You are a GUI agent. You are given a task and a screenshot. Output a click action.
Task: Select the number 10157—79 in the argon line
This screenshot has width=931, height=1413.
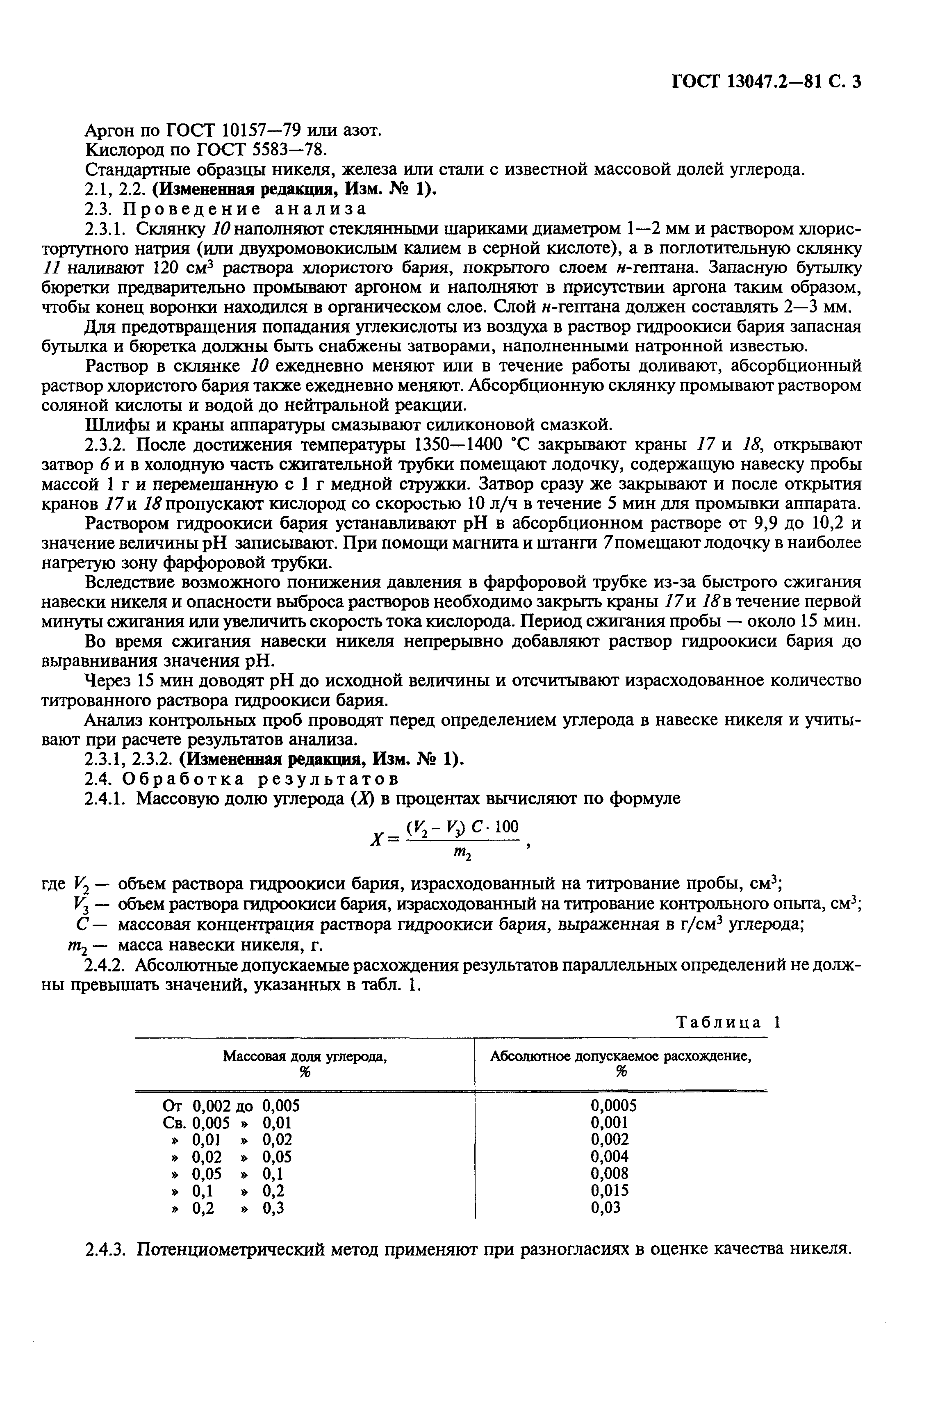tap(262, 130)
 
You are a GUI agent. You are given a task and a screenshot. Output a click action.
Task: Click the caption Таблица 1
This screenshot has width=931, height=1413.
tap(727, 1022)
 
